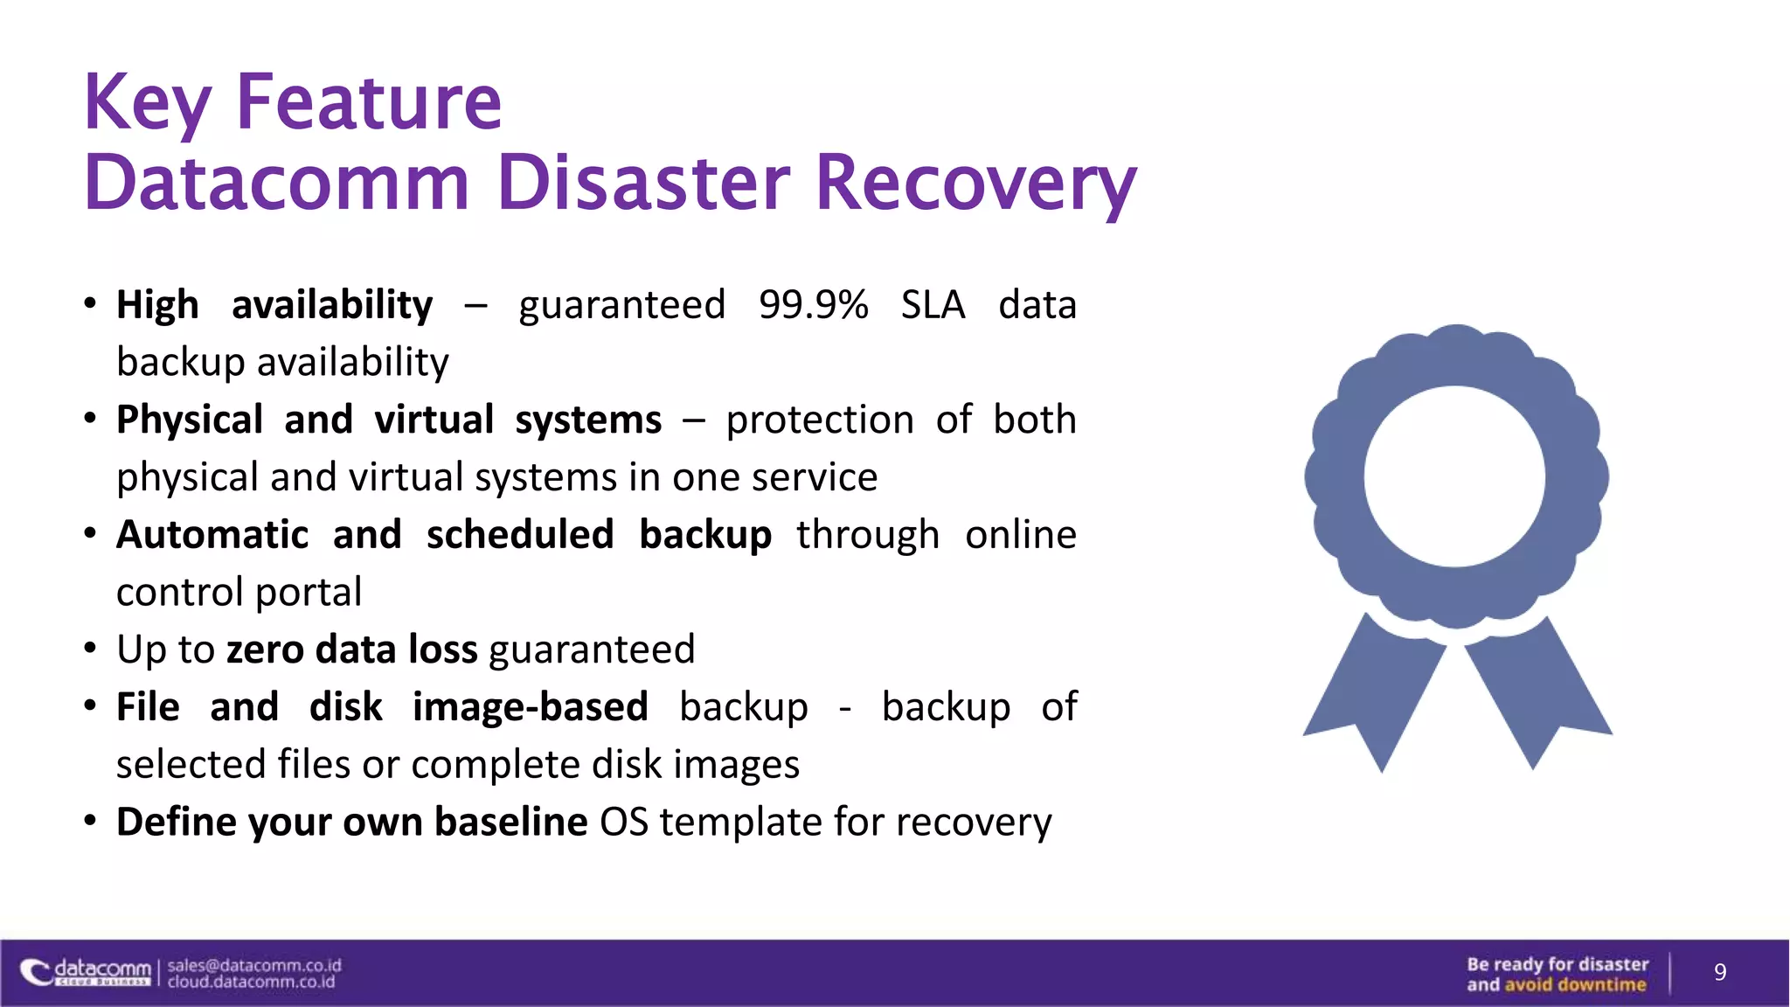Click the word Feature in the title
point(369,103)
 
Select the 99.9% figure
point(813,305)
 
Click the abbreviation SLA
point(933,305)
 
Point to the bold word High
point(157,305)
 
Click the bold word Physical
point(190,420)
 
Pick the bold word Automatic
point(212,535)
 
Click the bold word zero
point(265,649)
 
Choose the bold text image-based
point(530,707)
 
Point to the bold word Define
point(177,822)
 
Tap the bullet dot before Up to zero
point(90,649)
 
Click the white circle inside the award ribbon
point(1454,476)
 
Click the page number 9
point(1719,972)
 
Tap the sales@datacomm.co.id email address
point(254,965)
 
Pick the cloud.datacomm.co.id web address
point(252,983)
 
